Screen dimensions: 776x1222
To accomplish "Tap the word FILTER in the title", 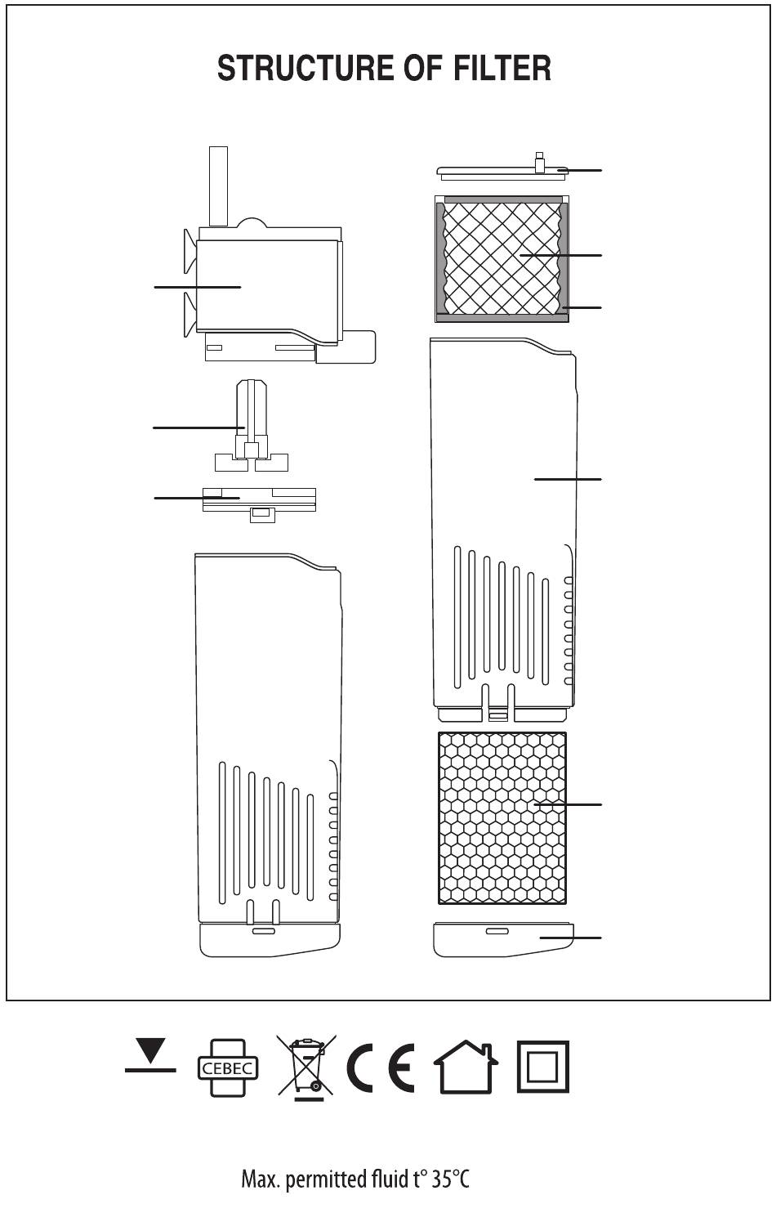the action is pyautogui.click(x=502, y=68).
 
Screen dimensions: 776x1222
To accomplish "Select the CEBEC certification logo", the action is pyautogui.click(x=227, y=1068).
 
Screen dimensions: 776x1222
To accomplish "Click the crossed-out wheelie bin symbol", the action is pyautogui.click(x=306, y=1068).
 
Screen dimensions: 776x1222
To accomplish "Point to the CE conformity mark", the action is pyautogui.click(x=380, y=1068).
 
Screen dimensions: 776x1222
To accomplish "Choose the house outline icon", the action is pyautogui.click(x=466, y=1067).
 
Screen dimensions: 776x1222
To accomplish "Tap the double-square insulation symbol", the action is pyautogui.click(x=543, y=1067).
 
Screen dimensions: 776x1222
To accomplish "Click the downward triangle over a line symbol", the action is pyautogui.click(x=150, y=1057).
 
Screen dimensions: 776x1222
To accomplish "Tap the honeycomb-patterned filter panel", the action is pyautogui.click(x=502, y=817).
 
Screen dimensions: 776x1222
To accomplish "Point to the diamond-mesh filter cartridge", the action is pyautogui.click(x=502, y=258).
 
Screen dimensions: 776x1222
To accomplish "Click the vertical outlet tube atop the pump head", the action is pyautogui.click(x=218, y=186).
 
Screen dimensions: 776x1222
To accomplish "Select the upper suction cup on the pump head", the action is pyautogui.click(x=190, y=251).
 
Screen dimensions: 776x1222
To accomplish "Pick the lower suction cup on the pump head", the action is pyautogui.click(x=190, y=314).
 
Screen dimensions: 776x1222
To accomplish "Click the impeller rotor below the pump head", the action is pyautogui.click(x=252, y=426).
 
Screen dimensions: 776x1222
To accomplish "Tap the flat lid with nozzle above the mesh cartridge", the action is pyautogui.click(x=502, y=169).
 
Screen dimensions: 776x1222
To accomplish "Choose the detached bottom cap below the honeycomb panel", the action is pyautogui.click(x=503, y=939).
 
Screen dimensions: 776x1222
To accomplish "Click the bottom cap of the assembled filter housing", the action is pyautogui.click(x=270, y=940).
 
